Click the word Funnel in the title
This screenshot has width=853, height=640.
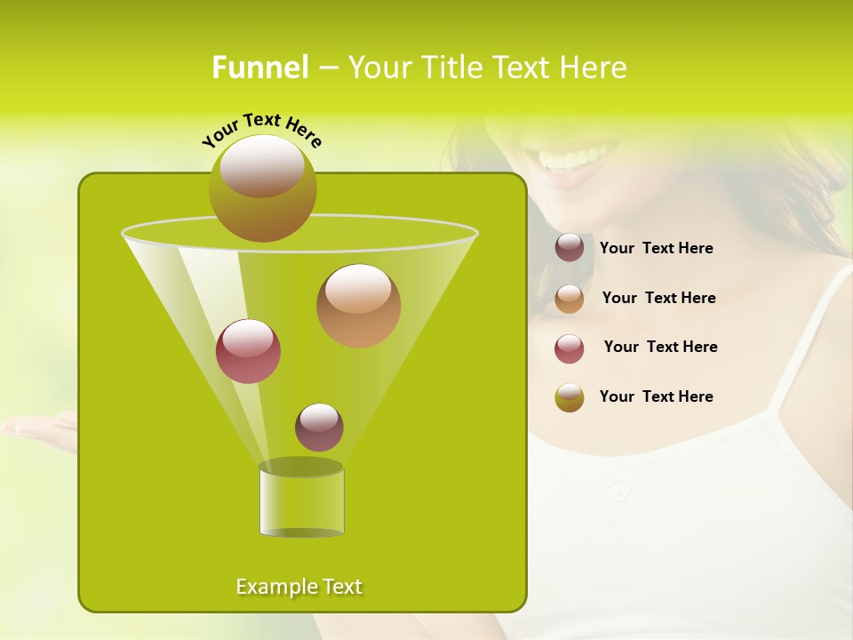[259, 68]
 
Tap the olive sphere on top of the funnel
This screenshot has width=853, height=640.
[262, 188]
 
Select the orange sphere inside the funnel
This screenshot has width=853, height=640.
[358, 306]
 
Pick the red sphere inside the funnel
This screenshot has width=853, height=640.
[248, 351]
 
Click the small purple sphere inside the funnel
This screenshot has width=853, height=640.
[319, 428]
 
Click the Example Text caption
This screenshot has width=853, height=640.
[299, 587]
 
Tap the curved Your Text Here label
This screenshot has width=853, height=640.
[262, 129]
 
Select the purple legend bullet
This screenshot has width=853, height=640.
[570, 248]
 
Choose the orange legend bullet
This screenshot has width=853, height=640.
[570, 299]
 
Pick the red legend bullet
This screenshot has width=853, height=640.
[570, 348]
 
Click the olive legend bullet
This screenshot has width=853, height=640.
[570, 397]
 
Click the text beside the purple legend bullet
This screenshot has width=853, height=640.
[656, 249]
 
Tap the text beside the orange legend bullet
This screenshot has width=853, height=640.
[658, 298]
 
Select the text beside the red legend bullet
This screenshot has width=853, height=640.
[660, 347]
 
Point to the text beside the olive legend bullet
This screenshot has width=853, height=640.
[656, 396]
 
